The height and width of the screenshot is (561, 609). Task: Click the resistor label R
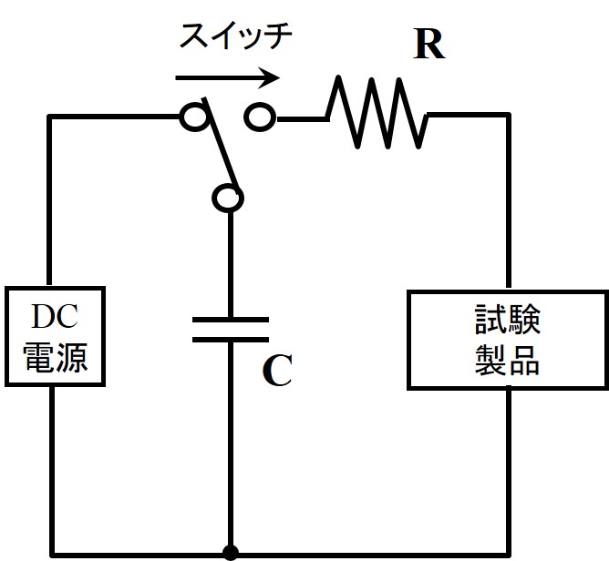(x=428, y=46)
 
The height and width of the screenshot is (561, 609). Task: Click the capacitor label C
(x=276, y=371)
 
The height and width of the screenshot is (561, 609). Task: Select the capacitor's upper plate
(x=230, y=320)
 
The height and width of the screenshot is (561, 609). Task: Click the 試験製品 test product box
(x=507, y=341)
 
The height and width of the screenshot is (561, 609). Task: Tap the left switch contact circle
(x=192, y=117)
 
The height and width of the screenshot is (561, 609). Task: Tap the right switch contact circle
(x=260, y=117)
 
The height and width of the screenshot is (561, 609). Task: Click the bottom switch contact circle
(x=228, y=197)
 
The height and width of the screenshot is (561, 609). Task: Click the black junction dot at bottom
(x=230, y=552)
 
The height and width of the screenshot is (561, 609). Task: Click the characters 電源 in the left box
(x=55, y=357)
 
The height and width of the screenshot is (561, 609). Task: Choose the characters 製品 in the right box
(x=507, y=362)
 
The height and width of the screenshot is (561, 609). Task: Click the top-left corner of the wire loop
(x=50, y=117)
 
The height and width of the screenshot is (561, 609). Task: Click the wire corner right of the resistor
(x=508, y=117)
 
